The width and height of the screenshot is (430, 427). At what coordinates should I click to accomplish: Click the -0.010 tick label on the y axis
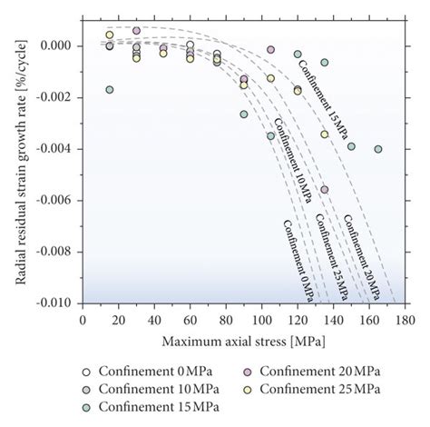(x=58, y=303)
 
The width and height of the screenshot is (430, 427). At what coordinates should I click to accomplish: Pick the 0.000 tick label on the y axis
(x=60, y=45)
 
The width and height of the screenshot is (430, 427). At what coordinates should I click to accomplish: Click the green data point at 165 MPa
(x=378, y=149)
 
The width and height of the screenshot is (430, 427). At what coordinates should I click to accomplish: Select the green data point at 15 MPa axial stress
(x=110, y=90)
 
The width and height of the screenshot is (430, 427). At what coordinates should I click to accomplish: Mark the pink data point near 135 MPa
(x=324, y=190)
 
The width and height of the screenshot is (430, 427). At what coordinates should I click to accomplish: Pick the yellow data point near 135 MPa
(x=324, y=134)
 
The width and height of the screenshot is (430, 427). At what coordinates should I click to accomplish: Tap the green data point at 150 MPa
(x=351, y=146)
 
